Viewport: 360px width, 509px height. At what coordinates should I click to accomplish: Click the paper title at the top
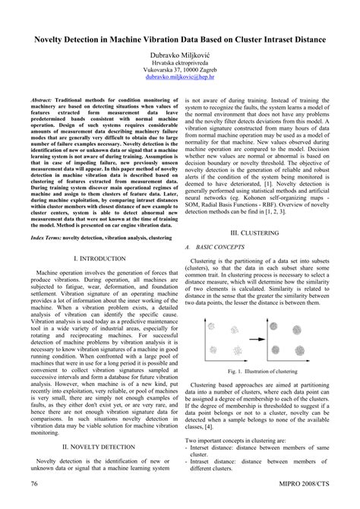[180, 37]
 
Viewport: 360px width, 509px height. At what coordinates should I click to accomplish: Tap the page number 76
[35, 483]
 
